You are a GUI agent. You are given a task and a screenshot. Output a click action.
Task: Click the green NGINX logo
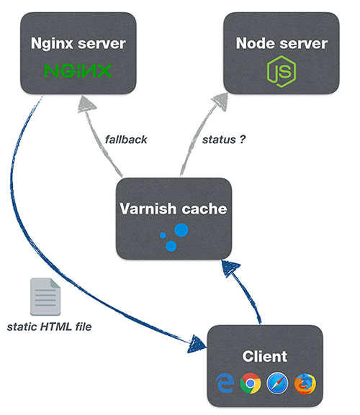click(x=78, y=70)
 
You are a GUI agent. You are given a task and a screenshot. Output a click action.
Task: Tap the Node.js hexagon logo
click(x=282, y=71)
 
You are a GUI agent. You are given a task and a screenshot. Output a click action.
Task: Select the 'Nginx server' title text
click(x=78, y=44)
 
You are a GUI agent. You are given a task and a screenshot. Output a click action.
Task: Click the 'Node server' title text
click(x=282, y=43)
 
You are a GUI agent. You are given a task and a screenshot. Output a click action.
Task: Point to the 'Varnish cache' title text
click(x=174, y=209)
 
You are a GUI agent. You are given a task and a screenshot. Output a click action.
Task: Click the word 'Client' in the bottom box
click(x=265, y=356)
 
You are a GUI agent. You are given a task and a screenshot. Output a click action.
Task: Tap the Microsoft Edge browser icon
click(x=225, y=383)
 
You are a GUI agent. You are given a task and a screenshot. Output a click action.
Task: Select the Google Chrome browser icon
click(x=251, y=383)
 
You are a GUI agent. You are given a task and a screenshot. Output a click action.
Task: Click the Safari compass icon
click(x=278, y=383)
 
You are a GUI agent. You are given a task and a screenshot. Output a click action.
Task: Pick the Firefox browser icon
click(x=305, y=383)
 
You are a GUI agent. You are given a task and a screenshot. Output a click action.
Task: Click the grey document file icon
click(x=45, y=297)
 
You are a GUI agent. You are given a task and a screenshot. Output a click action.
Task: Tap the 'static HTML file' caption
click(x=49, y=327)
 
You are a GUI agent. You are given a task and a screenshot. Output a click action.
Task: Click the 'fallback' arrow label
click(x=126, y=140)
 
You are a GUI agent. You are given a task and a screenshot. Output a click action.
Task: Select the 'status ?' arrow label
click(x=224, y=140)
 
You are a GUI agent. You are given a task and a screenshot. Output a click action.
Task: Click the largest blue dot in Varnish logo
click(x=181, y=229)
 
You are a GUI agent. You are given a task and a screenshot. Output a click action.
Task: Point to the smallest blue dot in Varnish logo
click(x=163, y=235)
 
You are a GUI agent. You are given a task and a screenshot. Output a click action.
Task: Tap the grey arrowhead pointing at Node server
click(x=220, y=102)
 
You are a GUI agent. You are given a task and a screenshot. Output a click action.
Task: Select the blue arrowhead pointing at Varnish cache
click(x=230, y=268)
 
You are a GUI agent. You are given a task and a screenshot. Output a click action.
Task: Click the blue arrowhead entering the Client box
click(x=197, y=344)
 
